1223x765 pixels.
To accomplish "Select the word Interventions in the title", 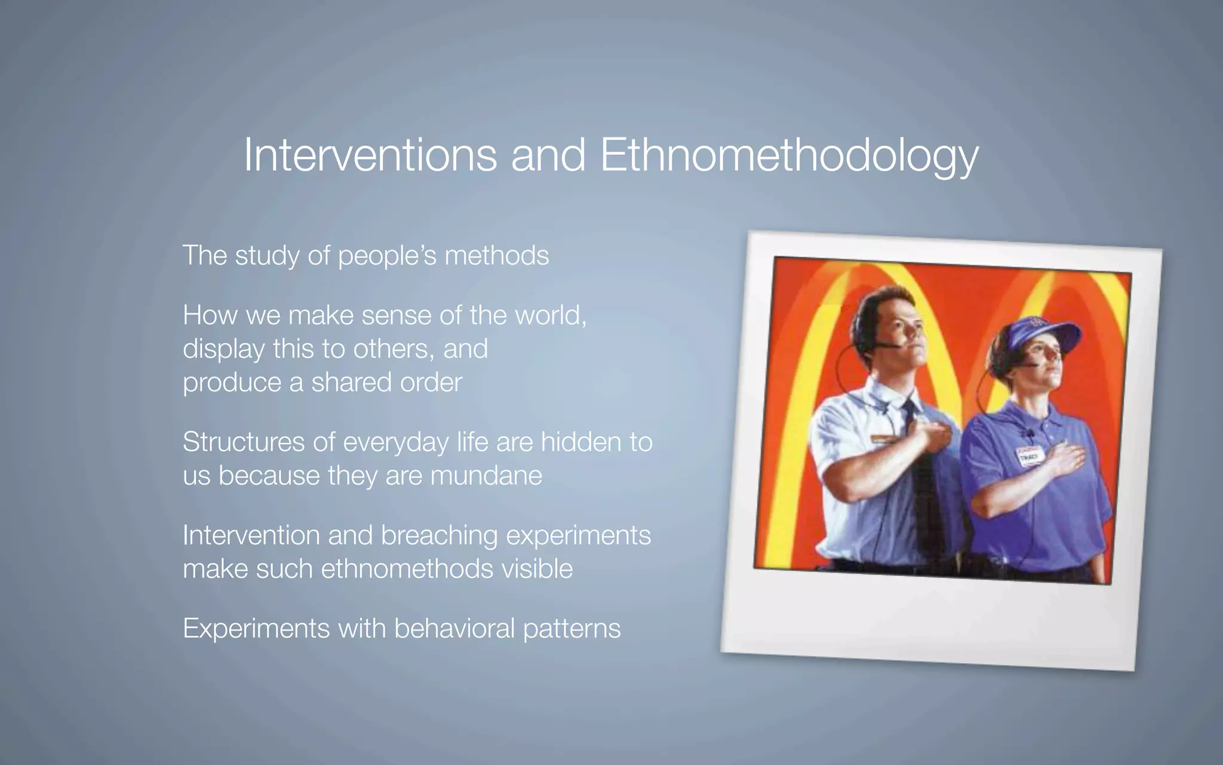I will tap(370, 155).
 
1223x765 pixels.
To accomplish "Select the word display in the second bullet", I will tap(223, 349).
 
